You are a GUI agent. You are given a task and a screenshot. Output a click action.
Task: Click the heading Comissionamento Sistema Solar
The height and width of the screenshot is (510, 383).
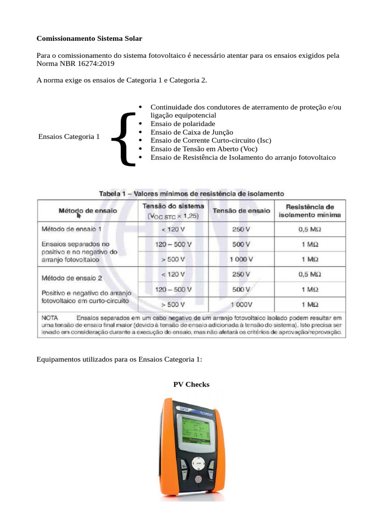point(89,38)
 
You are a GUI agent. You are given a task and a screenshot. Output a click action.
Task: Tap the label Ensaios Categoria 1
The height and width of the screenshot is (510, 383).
point(69,136)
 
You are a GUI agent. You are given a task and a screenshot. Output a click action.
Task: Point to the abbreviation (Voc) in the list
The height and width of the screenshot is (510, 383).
point(249,149)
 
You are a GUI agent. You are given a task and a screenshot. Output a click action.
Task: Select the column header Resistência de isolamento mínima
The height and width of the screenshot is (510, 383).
point(310,211)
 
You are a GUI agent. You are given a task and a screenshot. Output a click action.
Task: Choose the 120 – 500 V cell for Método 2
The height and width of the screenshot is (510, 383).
point(173,289)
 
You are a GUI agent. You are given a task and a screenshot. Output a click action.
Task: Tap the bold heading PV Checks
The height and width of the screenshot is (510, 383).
point(191,384)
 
